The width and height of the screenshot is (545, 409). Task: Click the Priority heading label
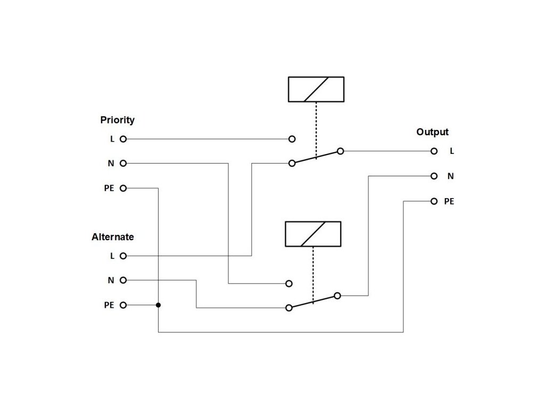(117, 120)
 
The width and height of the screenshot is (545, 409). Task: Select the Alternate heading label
(113, 236)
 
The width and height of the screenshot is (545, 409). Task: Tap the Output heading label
(432, 132)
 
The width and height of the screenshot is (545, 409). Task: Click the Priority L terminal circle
(123, 139)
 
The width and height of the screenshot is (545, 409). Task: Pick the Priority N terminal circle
(123, 163)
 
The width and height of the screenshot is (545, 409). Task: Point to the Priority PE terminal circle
(123, 188)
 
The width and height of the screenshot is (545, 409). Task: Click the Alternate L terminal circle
(123, 256)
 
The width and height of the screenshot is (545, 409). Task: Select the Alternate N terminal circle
(123, 280)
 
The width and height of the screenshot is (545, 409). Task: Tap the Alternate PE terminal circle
(123, 305)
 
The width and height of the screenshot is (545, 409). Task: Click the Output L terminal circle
(434, 151)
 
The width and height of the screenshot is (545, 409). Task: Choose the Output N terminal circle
(434, 175)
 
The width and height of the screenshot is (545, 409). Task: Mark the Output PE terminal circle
(434, 201)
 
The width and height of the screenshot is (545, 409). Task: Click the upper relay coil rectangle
(316, 89)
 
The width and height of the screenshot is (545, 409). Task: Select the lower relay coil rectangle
(313, 234)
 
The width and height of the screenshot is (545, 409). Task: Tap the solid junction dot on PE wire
(158, 305)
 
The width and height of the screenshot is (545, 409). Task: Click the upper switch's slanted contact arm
(316, 157)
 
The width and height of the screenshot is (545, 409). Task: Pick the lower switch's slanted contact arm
(313, 301)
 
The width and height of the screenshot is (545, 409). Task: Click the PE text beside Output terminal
(449, 201)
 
